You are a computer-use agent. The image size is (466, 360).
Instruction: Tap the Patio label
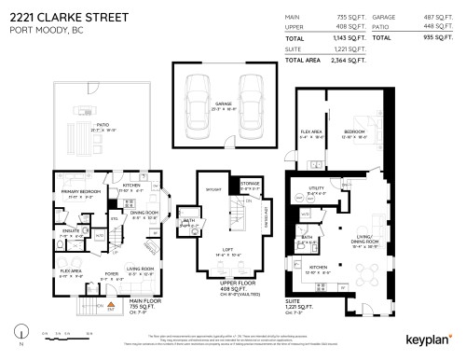(x=90, y=121)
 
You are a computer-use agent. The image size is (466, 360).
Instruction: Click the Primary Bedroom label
(x=81, y=191)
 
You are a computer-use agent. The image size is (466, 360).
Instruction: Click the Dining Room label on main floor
(x=144, y=213)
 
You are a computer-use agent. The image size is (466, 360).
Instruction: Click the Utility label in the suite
(x=316, y=187)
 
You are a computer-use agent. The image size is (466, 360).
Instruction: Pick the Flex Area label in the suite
(x=311, y=132)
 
